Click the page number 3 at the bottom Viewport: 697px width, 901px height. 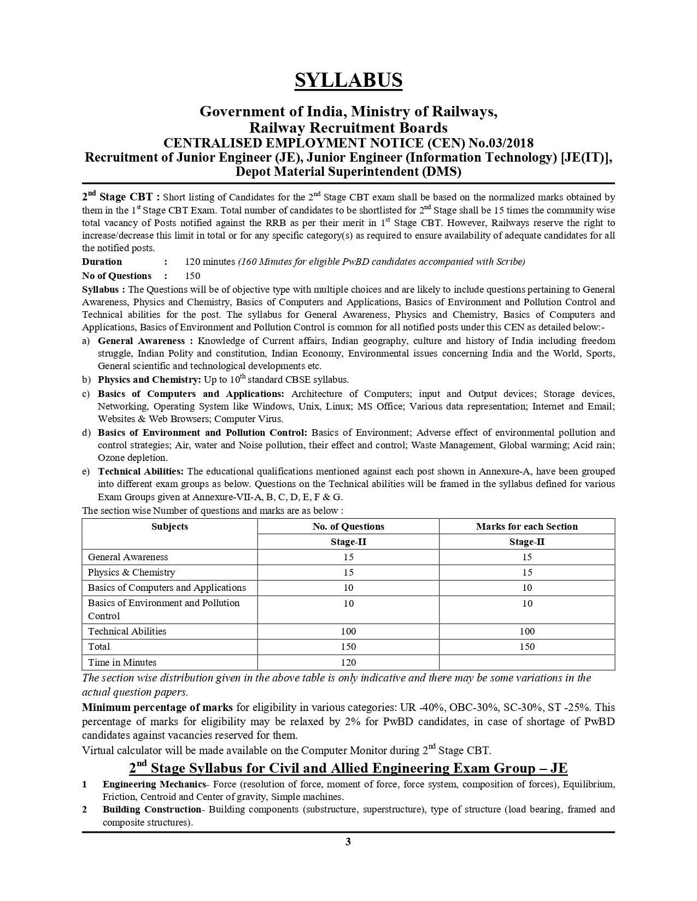(348, 841)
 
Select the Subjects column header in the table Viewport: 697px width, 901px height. (169, 526)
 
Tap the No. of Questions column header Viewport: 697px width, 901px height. (348, 526)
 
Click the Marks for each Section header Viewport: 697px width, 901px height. (526, 526)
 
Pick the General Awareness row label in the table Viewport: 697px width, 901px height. (128, 557)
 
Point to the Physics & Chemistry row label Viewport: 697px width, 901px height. (131, 572)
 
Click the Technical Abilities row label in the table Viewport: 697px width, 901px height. (127, 631)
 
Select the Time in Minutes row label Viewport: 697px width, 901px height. (122, 662)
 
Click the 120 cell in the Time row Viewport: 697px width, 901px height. (348, 662)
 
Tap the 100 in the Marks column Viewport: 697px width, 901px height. (526, 631)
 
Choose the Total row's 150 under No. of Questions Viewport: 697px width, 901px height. (348, 647)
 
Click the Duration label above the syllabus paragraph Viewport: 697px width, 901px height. (102, 262)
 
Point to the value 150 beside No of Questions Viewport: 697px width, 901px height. (192, 276)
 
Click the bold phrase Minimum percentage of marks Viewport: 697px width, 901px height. (157, 708)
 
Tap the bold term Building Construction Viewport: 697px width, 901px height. (151, 809)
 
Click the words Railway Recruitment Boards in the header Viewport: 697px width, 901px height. (348, 128)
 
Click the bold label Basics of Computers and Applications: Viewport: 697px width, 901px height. (191, 394)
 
